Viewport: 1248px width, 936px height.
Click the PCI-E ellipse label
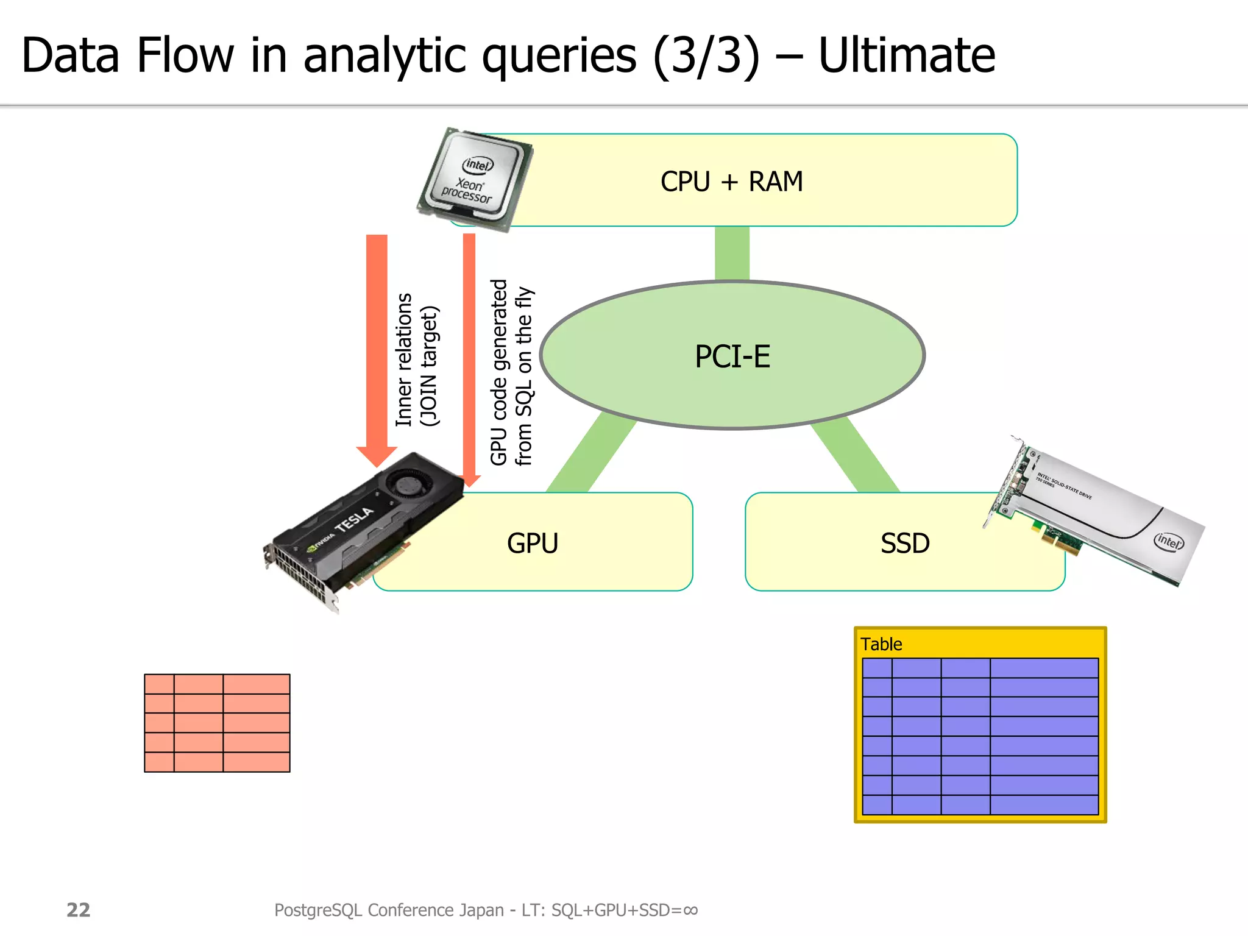point(732,357)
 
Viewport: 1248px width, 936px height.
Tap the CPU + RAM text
point(731,182)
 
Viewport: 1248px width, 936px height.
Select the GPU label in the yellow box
point(533,543)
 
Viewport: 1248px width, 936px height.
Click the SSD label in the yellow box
point(905,543)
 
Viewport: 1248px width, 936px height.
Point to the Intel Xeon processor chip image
point(475,179)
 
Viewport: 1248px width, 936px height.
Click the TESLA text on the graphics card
point(354,520)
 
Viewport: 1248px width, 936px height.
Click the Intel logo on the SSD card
point(1169,541)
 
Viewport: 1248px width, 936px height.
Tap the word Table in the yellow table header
point(881,644)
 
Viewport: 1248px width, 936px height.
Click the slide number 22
point(78,910)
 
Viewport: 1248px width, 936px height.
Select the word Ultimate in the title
point(906,56)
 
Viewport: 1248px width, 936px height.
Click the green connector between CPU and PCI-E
point(732,253)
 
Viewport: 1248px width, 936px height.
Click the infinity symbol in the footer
point(690,910)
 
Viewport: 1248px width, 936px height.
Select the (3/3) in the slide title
point(706,56)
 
